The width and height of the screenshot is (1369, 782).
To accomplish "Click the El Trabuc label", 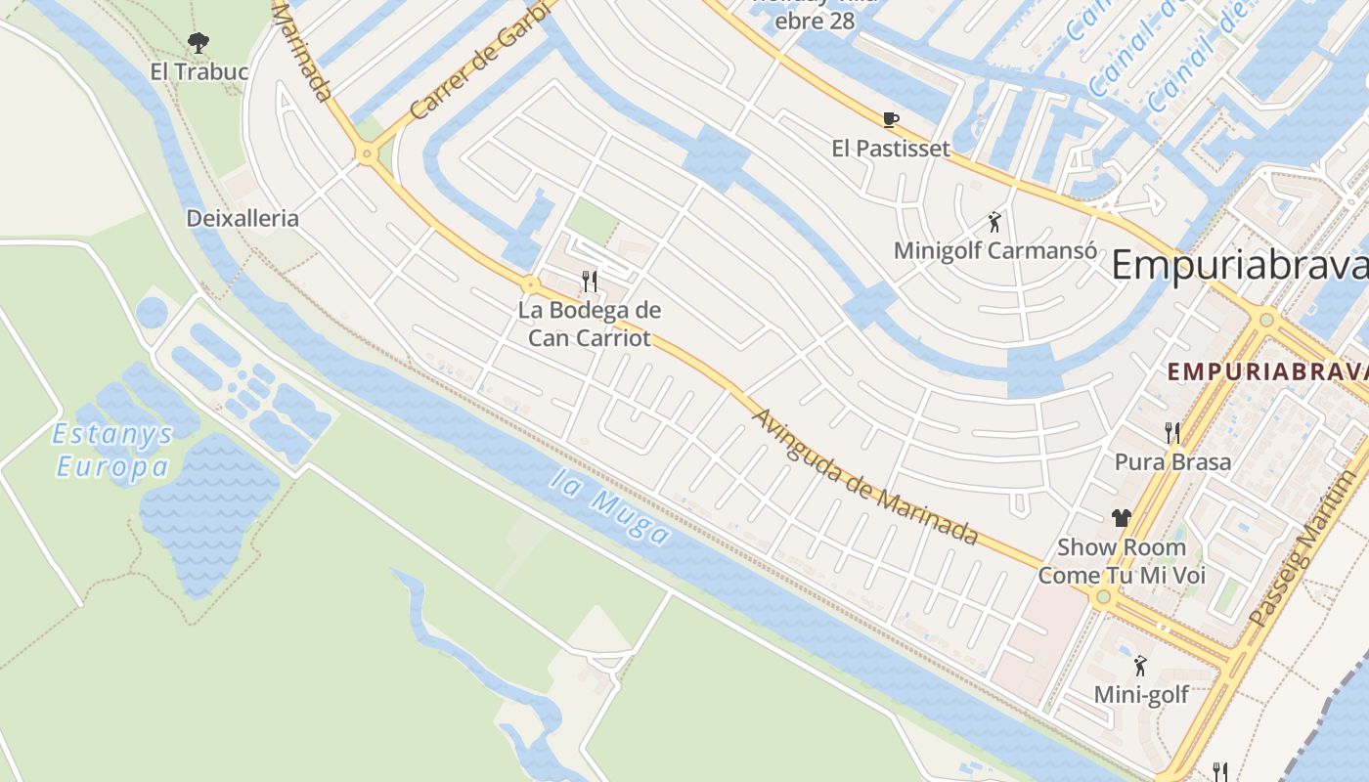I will coord(199,71).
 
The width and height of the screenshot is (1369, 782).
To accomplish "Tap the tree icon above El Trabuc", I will coord(199,43).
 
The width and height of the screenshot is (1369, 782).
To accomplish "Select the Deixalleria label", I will coord(243,218).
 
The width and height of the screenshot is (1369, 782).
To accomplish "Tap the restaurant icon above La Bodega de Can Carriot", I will coord(590,282).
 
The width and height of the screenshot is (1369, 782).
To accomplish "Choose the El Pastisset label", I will coord(890,149).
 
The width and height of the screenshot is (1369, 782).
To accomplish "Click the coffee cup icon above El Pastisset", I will coord(890,119).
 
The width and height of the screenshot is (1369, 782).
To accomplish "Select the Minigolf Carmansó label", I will coord(994,250).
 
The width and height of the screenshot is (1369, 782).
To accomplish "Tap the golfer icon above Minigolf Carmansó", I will coord(994,222).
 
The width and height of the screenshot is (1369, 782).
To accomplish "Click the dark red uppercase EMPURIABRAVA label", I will coord(1267,371).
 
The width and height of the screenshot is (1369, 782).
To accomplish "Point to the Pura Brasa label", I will coord(1172,461).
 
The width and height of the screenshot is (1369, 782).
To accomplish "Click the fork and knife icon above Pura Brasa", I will coord(1172,432).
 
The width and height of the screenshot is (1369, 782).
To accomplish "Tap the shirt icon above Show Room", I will coord(1121,518).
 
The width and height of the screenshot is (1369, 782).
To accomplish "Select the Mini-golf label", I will coord(1140,694).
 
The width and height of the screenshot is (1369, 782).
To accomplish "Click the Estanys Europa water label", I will coord(112,451).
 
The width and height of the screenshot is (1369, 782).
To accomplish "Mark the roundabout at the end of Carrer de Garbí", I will coord(368,153).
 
